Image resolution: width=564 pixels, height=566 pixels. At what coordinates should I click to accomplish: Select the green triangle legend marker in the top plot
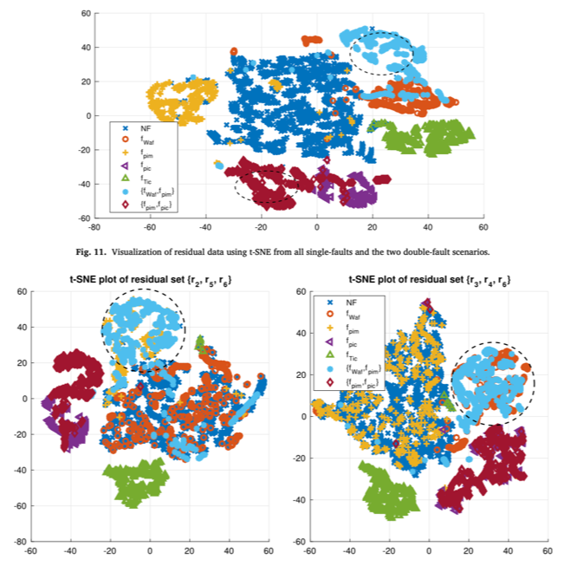pyautogui.click(x=125, y=178)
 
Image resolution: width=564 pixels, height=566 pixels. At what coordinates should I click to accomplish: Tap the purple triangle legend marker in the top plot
pyautogui.click(x=125, y=165)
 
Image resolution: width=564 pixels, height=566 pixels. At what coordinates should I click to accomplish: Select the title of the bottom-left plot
pyautogui.click(x=150, y=280)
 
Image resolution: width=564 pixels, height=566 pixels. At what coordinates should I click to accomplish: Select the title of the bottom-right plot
pyautogui.click(x=429, y=280)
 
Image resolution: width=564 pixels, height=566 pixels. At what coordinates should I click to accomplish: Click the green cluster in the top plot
pyautogui.click(x=425, y=137)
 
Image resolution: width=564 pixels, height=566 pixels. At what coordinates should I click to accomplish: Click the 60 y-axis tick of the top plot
pyautogui.click(x=85, y=14)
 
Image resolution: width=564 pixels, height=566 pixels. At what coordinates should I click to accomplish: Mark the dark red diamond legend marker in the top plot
pyautogui.click(x=125, y=204)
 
